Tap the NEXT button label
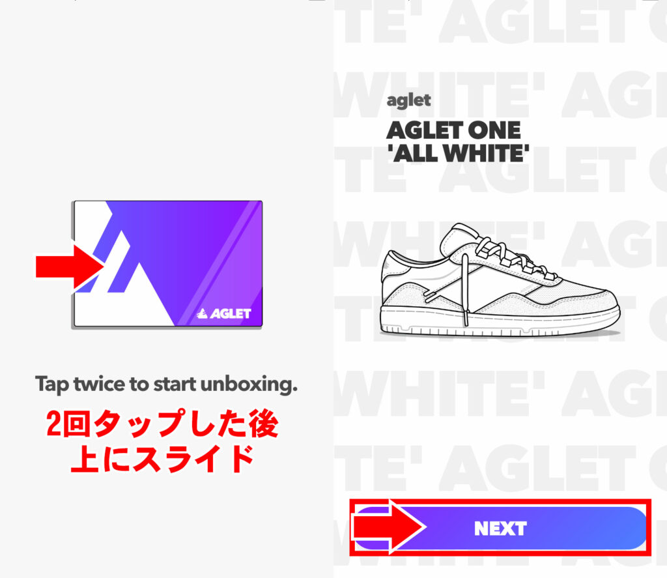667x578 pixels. click(500, 528)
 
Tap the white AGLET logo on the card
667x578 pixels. click(224, 313)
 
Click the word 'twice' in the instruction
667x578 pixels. click(100, 384)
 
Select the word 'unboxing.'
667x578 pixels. click(249, 384)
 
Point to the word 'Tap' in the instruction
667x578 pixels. click(52, 385)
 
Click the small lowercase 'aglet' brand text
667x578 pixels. click(408, 100)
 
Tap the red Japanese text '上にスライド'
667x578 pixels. click(162, 458)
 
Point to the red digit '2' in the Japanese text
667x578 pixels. click(54, 424)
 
